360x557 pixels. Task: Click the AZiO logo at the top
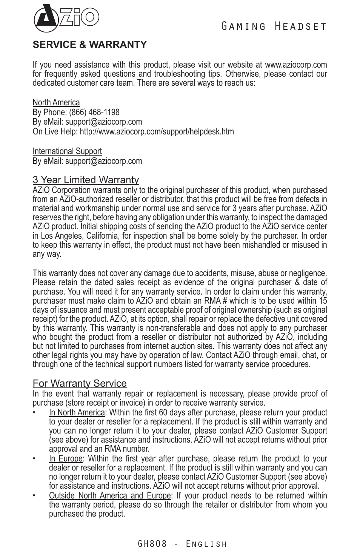(x=66, y=18)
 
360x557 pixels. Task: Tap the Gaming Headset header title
(x=274, y=26)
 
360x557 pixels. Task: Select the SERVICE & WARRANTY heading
(x=90, y=45)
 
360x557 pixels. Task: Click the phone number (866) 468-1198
(x=94, y=113)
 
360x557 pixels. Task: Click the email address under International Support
(x=103, y=161)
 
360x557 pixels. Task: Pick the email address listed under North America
(x=103, y=122)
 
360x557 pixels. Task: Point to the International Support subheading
(x=67, y=151)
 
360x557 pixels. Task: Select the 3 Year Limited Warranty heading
(x=86, y=180)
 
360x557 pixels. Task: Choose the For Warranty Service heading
(x=80, y=383)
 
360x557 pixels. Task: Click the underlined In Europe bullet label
(x=65, y=458)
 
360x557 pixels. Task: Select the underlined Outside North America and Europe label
(x=109, y=495)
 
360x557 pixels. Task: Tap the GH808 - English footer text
(x=182, y=544)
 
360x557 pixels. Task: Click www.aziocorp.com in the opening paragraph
(x=295, y=65)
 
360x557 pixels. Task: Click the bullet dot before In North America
(x=35, y=413)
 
